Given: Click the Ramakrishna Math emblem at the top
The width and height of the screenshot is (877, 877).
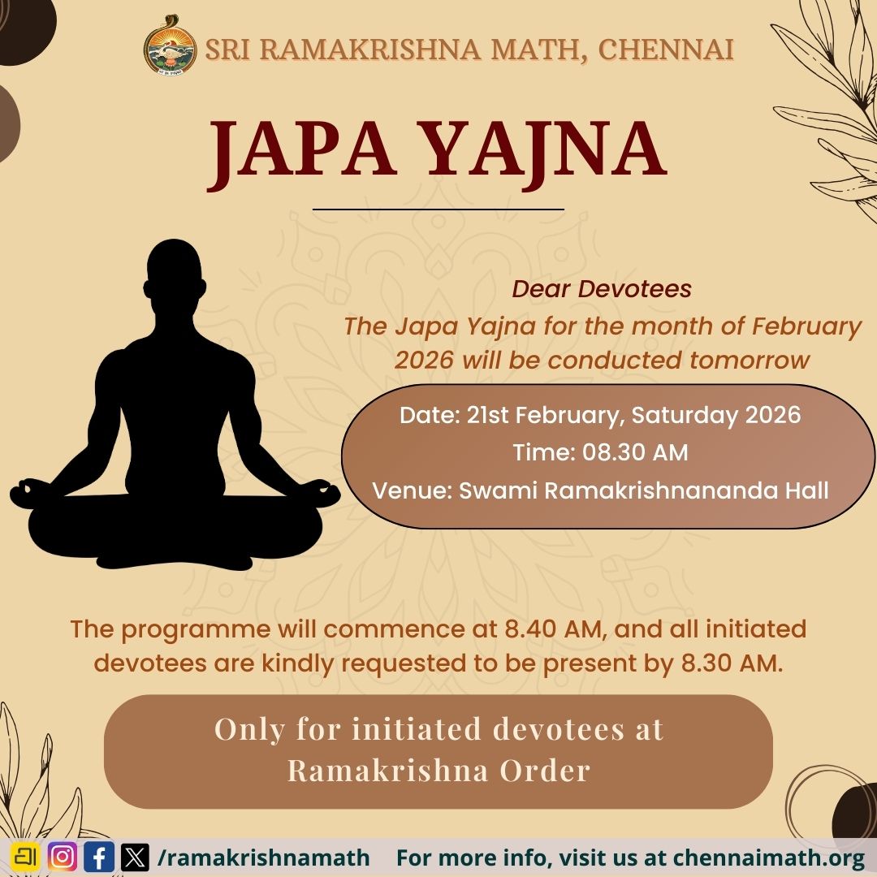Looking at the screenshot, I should pyautogui.click(x=171, y=46).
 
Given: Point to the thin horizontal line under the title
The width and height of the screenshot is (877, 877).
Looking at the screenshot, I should pyautogui.click(x=438, y=210).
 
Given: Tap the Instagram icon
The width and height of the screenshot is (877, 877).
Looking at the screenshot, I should pyautogui.click(x=63, y=858).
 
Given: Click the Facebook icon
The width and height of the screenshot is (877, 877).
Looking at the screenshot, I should pyautogui.click(x=99, y=858).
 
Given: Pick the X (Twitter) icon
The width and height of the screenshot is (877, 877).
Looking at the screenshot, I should pyautogui.click(x=135, y=858).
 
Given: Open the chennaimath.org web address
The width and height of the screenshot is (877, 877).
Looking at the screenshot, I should pyautogui.click(x=768, y=858).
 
